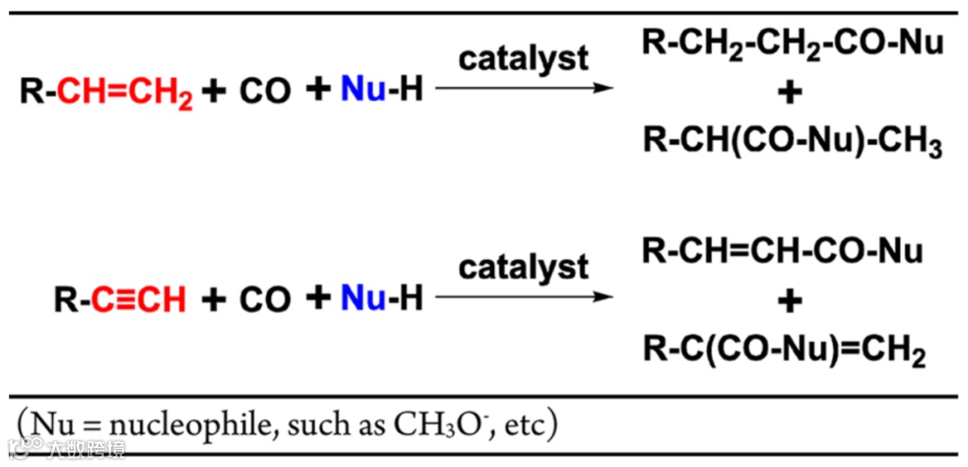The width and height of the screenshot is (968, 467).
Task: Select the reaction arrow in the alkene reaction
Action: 523,89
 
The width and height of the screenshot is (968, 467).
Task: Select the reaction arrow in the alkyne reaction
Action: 523,296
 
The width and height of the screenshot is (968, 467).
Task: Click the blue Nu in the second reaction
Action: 363,298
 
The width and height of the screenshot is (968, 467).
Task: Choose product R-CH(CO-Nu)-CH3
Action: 792,143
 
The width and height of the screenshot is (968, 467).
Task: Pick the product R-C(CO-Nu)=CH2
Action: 784,350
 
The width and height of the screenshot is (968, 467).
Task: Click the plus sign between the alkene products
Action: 791,94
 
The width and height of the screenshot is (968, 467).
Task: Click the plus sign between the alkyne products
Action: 791,301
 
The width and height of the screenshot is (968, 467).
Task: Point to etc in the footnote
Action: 523,425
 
